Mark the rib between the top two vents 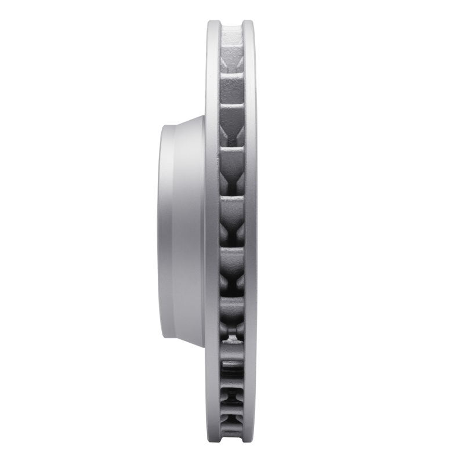pyautogui.click(x=231, y=73)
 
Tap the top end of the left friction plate pyautogui.click(x=213, y=23)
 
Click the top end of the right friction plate pyautogui.click(x=249, y=23)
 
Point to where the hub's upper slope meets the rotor pyautogui.click(x=204, y=116)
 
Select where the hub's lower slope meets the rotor pyautogui.click(x=204, y=348)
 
